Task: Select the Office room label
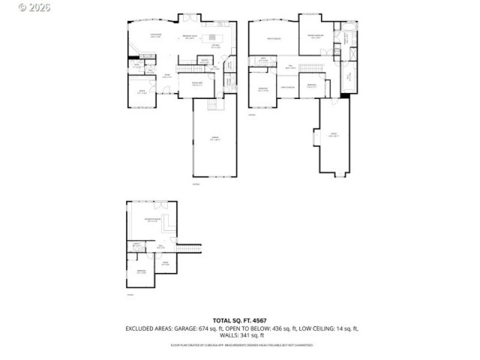142,93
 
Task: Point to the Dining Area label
196,84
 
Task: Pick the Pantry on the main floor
204,61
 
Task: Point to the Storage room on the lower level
165,262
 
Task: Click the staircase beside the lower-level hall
188,247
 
